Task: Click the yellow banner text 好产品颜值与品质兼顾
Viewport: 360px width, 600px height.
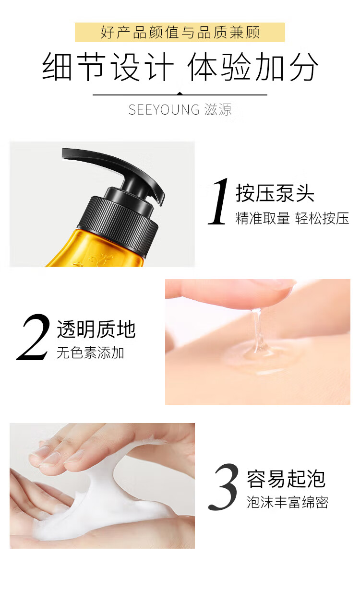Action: coord(180,33)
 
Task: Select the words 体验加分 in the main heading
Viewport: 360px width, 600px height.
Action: coord(253,67)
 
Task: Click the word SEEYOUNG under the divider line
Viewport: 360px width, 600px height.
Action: coord(164,109)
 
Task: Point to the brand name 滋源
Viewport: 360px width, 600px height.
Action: coord(217,109)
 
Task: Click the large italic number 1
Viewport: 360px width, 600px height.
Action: coord(218,201)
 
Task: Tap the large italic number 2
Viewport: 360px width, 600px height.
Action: coord(34,337)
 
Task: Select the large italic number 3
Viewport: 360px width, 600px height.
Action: coord(224,487)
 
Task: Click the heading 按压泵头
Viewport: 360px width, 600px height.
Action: coord(275,193)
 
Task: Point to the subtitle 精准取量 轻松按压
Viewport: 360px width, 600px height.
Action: coord(292,218)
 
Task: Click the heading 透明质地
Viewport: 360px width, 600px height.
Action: coord(96,329)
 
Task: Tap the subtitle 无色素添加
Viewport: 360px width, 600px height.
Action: coord(90,353)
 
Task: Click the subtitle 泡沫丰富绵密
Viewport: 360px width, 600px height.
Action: coord(288,502)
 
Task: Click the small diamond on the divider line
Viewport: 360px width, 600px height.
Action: coord(180,94)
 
